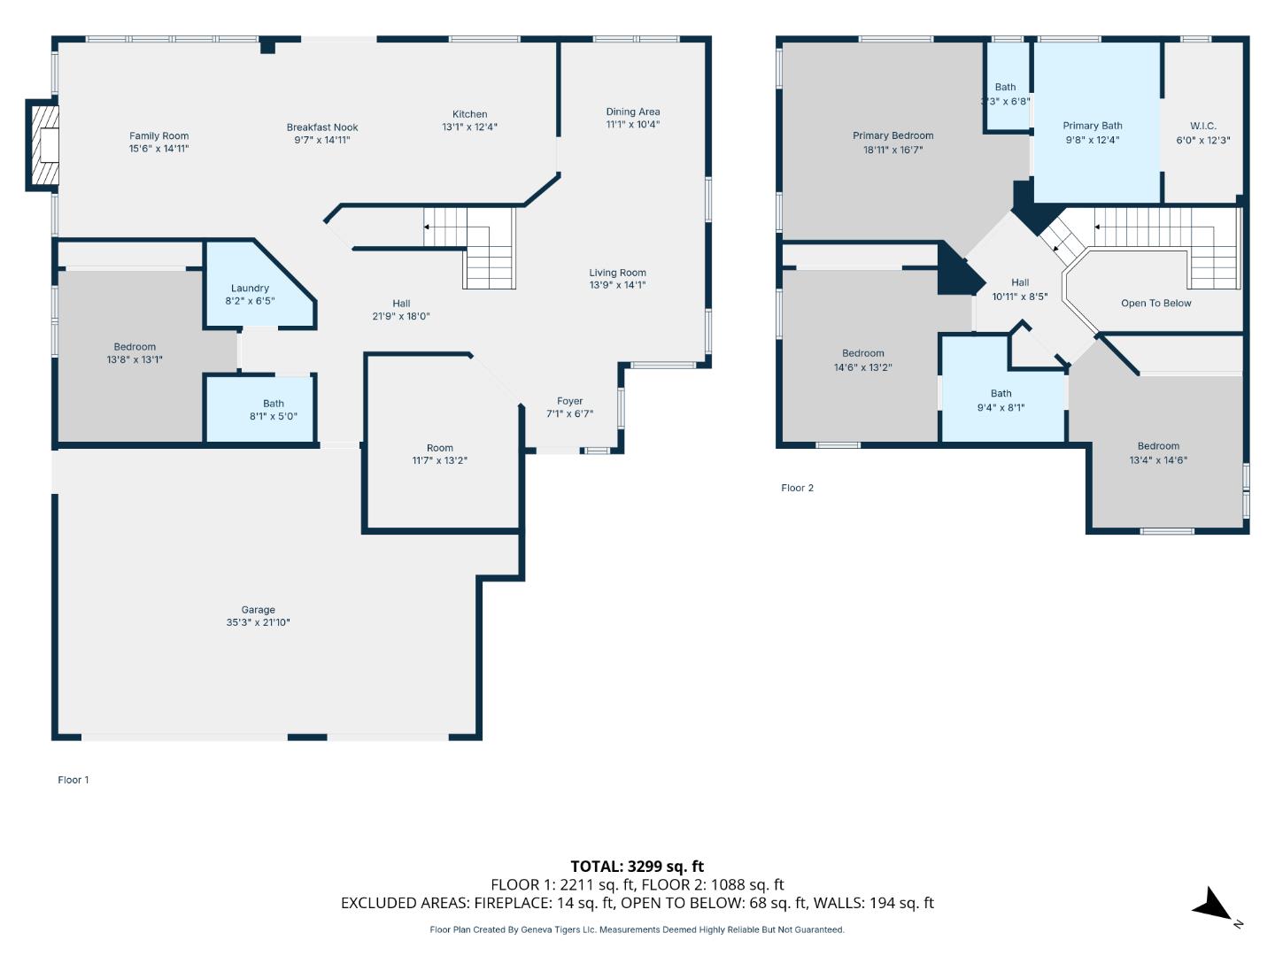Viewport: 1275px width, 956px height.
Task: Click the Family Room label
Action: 158,136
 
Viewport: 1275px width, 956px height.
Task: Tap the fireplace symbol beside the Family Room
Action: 42,145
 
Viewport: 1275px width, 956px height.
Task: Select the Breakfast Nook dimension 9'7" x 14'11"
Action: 322,140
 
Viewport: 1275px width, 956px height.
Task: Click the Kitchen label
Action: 469,114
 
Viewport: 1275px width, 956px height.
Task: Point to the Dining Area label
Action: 632,112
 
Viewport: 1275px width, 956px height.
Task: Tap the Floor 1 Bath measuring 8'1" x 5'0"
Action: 273,410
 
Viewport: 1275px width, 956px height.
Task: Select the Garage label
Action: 258,610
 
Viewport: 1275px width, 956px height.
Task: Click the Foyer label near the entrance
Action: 569,401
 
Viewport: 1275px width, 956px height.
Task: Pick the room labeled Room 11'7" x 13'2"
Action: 439,454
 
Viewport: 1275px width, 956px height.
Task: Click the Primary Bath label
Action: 1092,126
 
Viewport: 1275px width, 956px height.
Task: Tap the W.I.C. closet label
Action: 1202,126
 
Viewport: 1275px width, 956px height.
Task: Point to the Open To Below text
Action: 1155,303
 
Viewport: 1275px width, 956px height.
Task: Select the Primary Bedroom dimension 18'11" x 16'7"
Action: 892,150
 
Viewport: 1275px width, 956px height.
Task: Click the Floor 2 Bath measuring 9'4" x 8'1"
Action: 1001,400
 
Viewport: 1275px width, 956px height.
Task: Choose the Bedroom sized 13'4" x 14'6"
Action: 1157,453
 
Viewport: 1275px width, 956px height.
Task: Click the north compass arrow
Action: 1214,907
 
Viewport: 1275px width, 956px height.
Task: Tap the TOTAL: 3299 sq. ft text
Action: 637,867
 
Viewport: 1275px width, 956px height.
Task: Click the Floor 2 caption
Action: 797,488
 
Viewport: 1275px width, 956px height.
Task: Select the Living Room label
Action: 617,273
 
